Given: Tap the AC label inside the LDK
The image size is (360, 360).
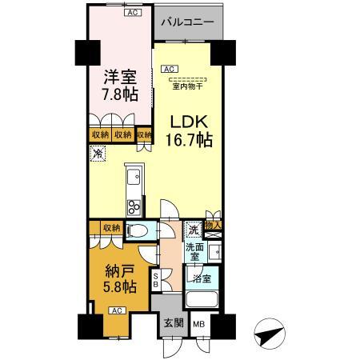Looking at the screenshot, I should click(x=170, y=70).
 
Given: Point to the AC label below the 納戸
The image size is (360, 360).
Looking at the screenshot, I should click(x=115, y=310).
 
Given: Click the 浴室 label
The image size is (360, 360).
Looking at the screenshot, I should click(x=199, y=278).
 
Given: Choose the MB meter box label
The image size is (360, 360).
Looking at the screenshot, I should click(x=198, y=326).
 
